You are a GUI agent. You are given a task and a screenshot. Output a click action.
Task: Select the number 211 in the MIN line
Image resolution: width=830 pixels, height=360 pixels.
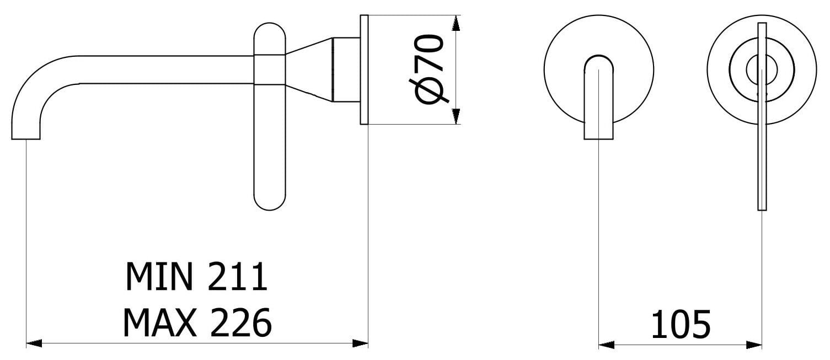(237, 277)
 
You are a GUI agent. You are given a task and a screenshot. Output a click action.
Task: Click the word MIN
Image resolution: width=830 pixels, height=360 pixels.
(159, 277)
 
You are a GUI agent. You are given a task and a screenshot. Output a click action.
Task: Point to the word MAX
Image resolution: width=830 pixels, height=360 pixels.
(159, 322)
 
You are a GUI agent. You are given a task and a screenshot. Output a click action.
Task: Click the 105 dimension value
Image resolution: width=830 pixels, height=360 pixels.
(681, 325)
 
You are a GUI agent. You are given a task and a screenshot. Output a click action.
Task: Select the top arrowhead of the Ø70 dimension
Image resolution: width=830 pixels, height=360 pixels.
(456, 23)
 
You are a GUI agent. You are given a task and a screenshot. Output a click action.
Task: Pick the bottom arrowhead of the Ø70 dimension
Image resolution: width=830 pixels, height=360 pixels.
(456, 116)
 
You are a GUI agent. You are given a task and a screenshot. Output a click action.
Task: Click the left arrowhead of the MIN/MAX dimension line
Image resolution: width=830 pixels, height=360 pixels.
(34, 343)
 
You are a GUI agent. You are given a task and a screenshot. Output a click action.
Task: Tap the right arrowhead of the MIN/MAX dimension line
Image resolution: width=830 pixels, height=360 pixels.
(360, 343)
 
